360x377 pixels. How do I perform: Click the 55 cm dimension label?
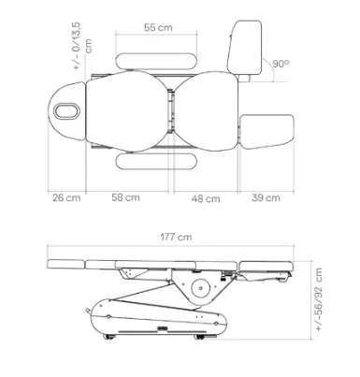[158, 27]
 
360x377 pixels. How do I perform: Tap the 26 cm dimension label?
[66, 197]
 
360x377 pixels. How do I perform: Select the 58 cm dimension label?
[126, 197]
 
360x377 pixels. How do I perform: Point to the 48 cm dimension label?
[206, 198]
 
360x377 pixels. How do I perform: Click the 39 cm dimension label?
[266, 197]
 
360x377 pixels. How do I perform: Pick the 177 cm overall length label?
[176, 237]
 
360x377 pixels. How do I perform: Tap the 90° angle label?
[281, 64]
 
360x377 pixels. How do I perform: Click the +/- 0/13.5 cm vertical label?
[82, 46]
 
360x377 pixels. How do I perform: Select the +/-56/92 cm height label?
[319, 299]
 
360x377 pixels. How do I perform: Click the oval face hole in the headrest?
[66, 111]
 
